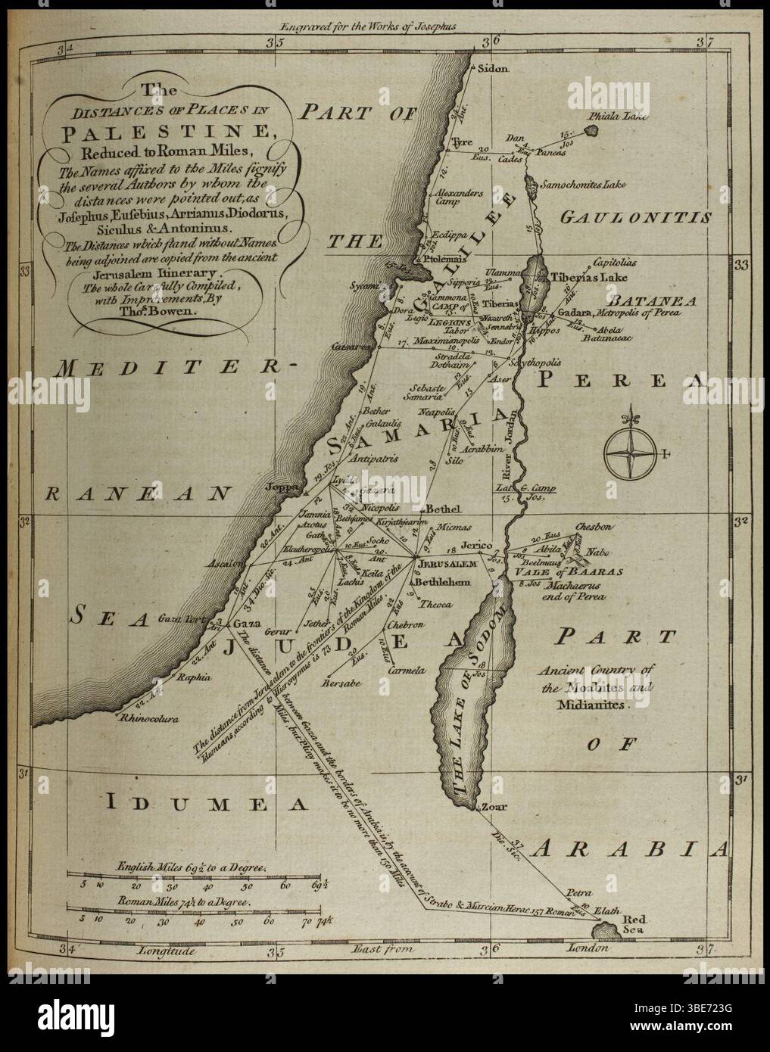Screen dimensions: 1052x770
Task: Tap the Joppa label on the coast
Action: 279,487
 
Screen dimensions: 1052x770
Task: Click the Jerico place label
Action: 478,546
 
